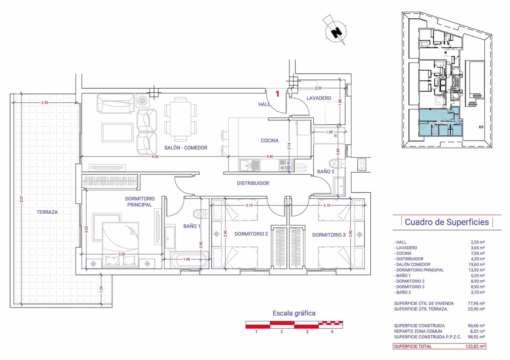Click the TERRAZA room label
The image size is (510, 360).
[47, 212]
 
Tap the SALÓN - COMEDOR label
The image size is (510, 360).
[186, 148]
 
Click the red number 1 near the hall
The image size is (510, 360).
[277, 94]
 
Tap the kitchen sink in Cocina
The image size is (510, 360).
[250, 165]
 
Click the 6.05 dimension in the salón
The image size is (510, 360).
[155, 156]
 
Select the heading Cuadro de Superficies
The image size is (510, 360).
[447, 222]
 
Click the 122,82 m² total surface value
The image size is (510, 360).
[475, 346]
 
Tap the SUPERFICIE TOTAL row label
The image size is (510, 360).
[413, 346]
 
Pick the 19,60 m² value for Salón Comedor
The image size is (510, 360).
[476, 264]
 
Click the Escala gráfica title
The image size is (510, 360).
[294, 313]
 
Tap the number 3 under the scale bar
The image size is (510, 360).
[307, 332]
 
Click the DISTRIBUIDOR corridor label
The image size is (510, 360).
[253, 183]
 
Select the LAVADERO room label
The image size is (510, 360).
[319, 98]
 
